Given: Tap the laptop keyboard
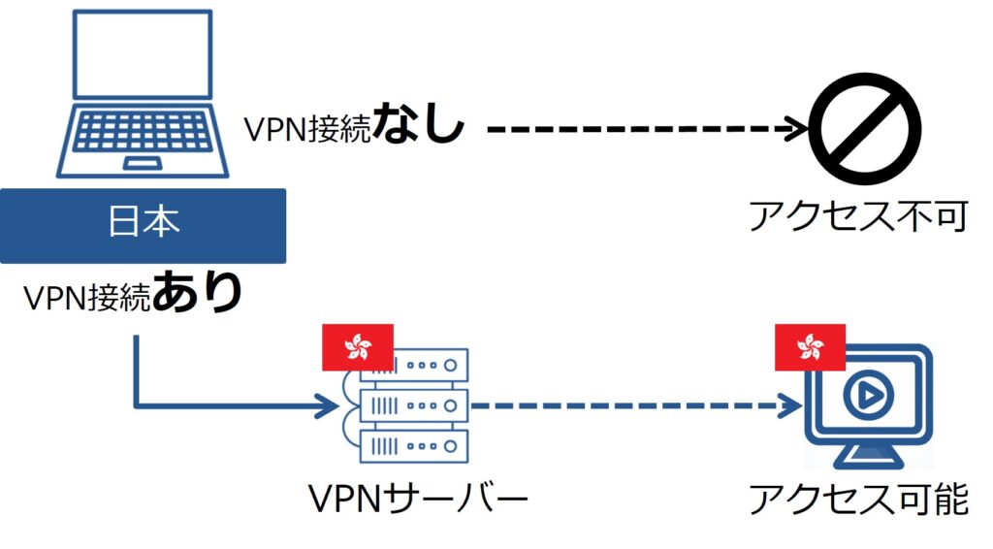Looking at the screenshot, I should pyautogui.click(x=144, y=130).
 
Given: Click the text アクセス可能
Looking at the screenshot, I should pyautogui.click(x=857, y=500).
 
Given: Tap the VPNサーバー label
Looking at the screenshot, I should pyautogui.click(x=418, y=500).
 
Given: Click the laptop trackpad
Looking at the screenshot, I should pyautogui.click(x=144, y=162).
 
